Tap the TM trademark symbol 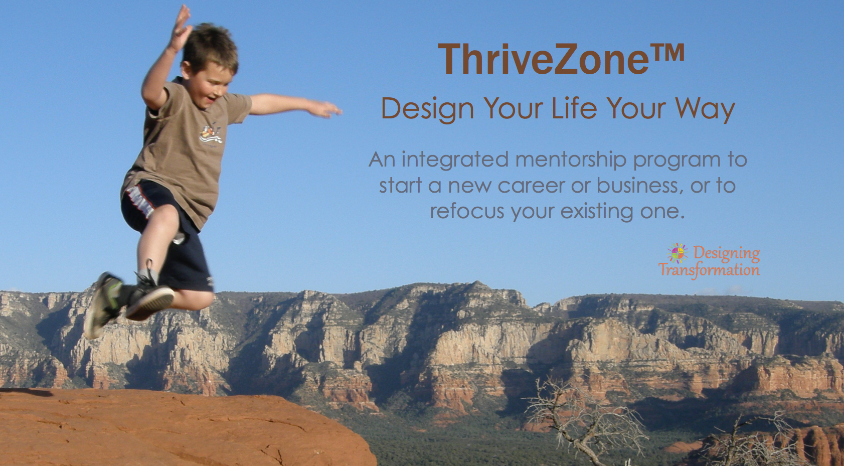(667, 53)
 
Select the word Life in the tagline (574, 108)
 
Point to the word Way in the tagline (705, 109)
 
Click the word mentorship (571, 160)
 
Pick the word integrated (455, 160)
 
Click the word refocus (467, 211)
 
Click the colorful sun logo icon (678, 253)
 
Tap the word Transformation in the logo (709, 270)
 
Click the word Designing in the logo (727, 253)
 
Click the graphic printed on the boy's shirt (212, 134)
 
